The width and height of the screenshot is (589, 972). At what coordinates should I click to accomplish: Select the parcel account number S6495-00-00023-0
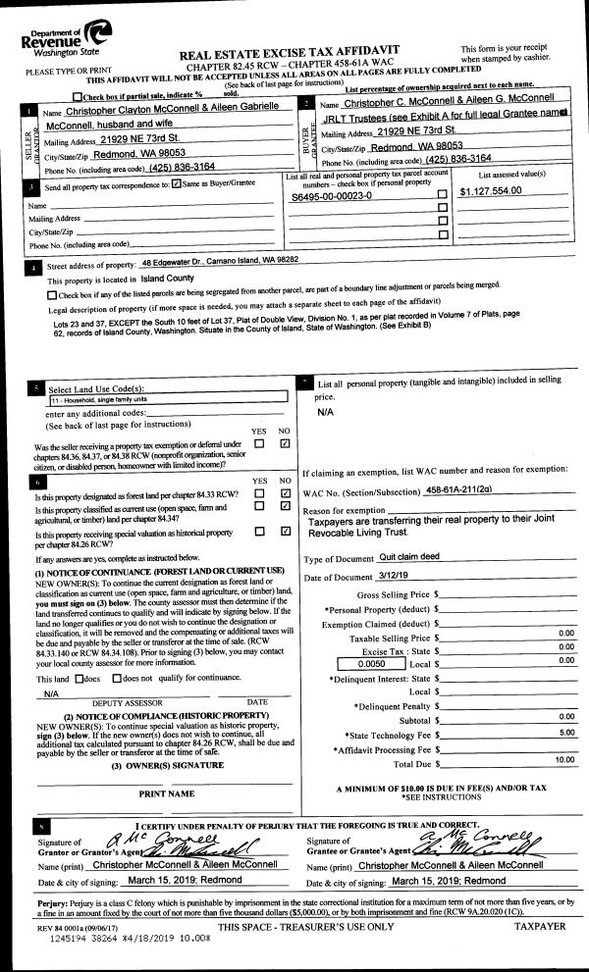pos(332,196)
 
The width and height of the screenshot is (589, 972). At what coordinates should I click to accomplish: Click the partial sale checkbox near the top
pos(79,95)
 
